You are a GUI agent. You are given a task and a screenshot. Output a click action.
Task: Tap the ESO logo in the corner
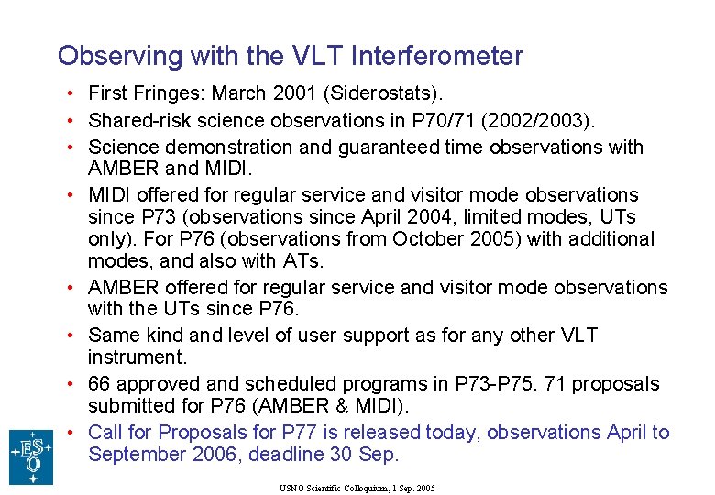pyautogui.click(x=31, y=456)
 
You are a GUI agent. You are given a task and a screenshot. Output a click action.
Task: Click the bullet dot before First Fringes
pyautogui.click(x=70, y=93)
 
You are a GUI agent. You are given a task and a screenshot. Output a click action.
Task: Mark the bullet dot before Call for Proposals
pyautogui.click(x=70, y=432)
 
